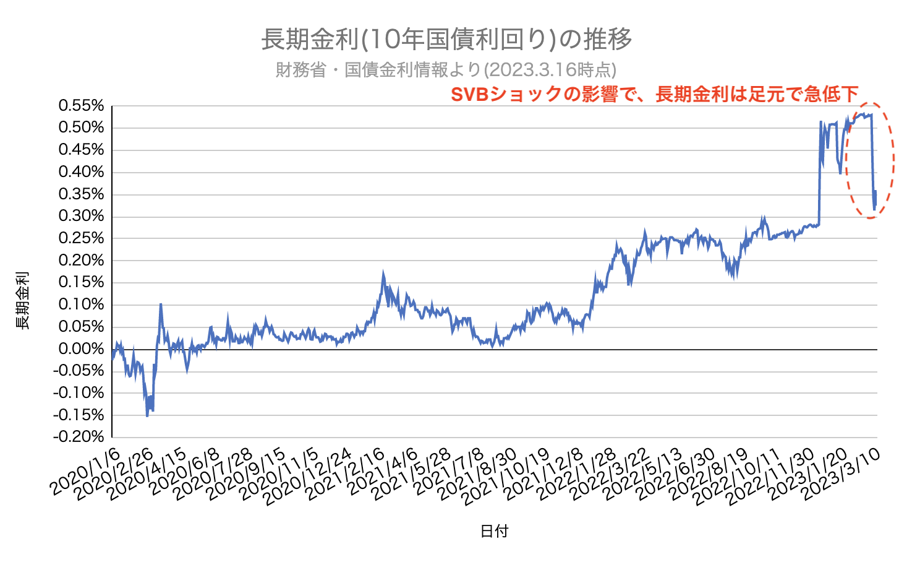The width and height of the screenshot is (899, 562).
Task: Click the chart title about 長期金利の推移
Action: tap(446, 40)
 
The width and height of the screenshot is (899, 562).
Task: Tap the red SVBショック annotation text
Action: tap(654, 94)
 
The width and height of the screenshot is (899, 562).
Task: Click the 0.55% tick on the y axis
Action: tap(82, 106)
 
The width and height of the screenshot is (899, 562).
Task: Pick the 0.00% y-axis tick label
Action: tap(82, 349)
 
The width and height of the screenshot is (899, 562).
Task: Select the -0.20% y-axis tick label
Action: tap(79, 437)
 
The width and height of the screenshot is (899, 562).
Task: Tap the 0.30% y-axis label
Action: tap(82, 217)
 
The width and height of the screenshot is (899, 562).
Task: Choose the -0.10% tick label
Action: tap(79, 393)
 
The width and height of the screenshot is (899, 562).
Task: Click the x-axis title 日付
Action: tap(494, 531)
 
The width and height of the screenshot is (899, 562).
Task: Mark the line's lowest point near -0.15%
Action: tap(147, 416)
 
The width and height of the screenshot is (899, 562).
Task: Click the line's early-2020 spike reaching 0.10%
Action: tap(161, 305)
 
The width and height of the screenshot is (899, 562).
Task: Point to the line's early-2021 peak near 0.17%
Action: tap(383, 272)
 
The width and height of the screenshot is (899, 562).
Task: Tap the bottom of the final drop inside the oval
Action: tap(874, 210)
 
